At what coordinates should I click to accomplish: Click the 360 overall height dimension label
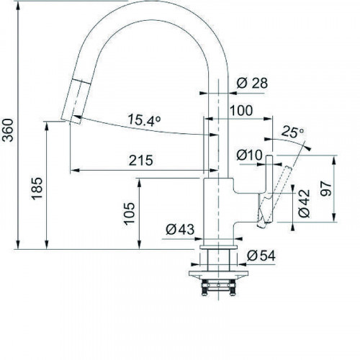click(9, 130)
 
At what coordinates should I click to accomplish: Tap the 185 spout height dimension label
click(37, 189)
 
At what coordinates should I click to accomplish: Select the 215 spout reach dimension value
click(141, 161)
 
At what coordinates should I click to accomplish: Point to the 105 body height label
click(130, 214)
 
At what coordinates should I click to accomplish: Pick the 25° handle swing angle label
click(292, 132)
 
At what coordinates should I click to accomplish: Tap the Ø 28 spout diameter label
click(252, 84)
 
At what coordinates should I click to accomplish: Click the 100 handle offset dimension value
click(241, 110)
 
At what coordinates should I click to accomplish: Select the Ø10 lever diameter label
click(250, 155)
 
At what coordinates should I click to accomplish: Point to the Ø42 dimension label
click(305, 203)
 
